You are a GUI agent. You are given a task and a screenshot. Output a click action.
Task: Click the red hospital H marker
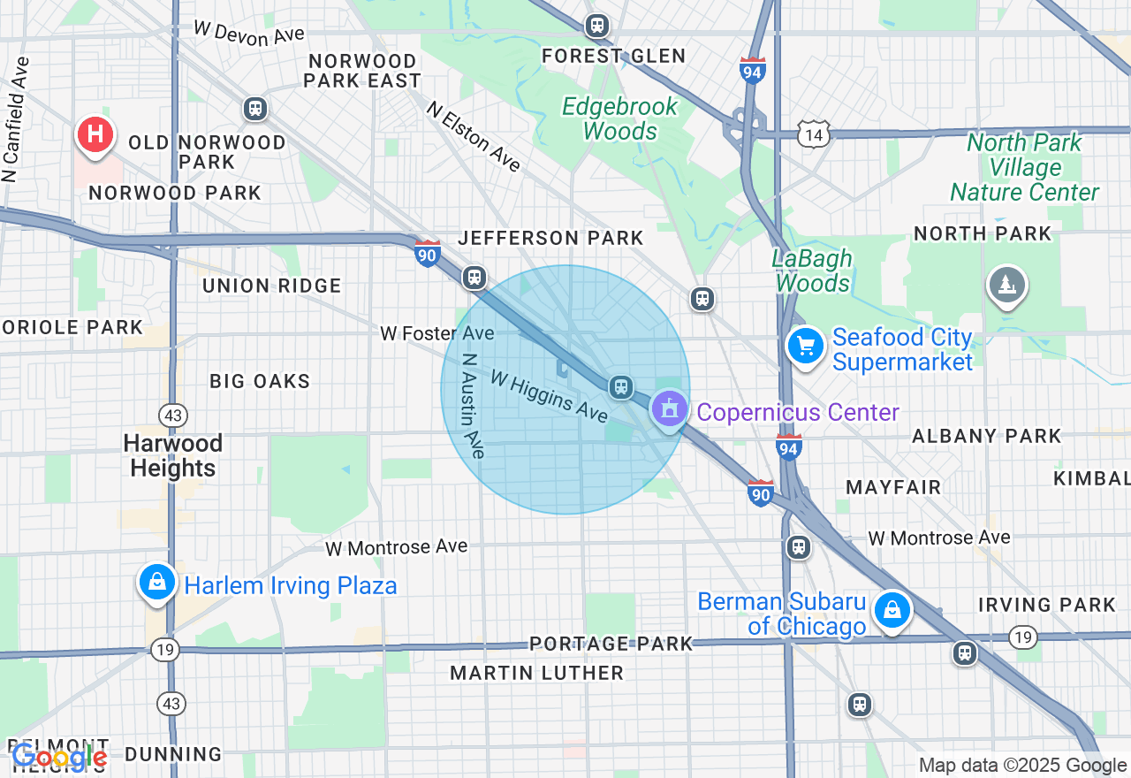[x=95, y=135]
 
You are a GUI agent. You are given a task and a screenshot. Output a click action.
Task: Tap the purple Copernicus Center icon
[x=669, y=408]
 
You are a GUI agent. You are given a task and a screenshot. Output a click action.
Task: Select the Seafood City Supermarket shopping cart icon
[x=805, y=346]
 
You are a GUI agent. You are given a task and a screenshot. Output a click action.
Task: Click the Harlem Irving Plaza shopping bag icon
[x=156, y=582]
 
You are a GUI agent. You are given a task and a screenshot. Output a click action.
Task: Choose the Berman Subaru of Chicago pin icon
[x=892, y=610]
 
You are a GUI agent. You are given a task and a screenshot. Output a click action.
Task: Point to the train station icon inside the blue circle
[x=621, y=386]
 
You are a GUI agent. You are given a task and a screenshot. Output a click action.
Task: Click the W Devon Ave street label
[x=248, y=32]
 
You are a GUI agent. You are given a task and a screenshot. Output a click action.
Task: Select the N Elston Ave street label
[x=474, y=136]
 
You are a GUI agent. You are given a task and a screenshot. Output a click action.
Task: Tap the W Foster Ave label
[x=436, y=333]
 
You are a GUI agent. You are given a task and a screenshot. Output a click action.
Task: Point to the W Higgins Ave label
[x=549, y=396]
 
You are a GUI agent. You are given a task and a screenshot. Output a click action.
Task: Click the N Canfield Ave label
[x=16, y=119]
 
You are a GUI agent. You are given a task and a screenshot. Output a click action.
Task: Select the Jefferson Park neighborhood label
[x=550, y=238]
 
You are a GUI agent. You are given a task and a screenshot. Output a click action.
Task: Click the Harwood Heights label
[x=173, y=455]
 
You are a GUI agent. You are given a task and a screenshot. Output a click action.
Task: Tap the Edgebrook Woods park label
[x=620, y=118]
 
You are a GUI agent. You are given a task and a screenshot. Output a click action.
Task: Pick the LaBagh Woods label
[x=812, y=271]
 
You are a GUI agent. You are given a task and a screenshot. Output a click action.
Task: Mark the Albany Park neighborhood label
[x=986, y=436]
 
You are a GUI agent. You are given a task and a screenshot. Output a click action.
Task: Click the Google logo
[x=58, y=757]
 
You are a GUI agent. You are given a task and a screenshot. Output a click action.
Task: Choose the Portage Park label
[x=611, y=644]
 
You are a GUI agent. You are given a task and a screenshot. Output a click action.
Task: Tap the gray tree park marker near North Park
[x=1006, y=285]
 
